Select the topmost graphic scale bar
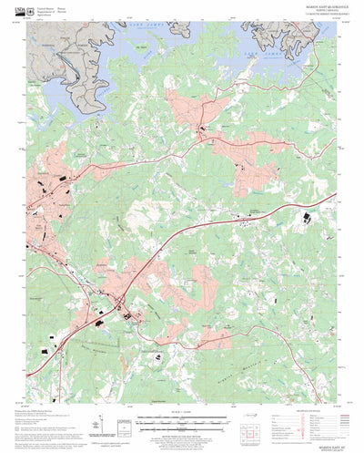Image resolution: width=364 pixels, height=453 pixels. [180, 417]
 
